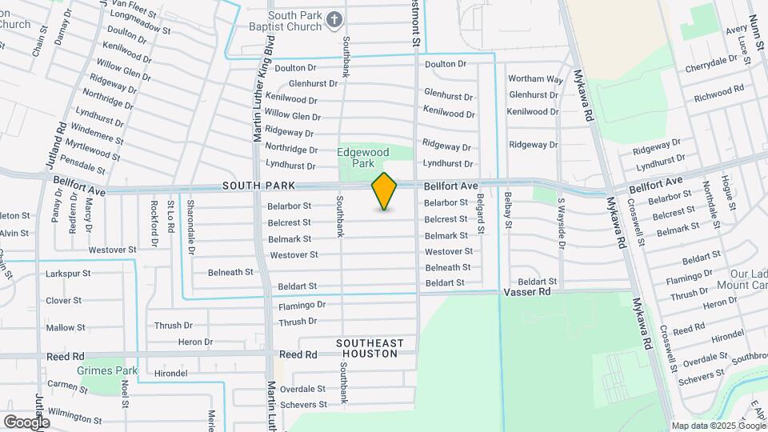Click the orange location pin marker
pos(384,191)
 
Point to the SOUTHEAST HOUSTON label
pos(370,348)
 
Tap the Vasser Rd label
pos(528,293)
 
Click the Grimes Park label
pos(107,370)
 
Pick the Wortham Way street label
pos(536,78)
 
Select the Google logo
pos(26,422)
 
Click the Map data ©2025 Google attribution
pos(718,426)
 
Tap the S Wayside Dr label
pos(562,224)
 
